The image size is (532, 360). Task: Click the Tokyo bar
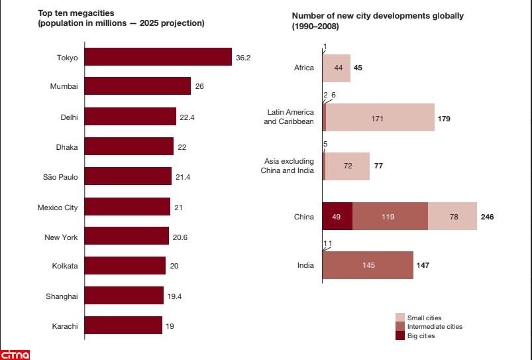[x=158, y=58]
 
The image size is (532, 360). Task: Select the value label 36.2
[x=243, y=58]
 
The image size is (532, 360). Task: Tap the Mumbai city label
[x=64, y=87]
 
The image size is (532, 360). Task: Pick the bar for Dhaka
[x=129, y=147]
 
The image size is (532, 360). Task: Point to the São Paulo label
[x=60, y=177]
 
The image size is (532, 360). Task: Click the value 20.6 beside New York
[x=180, y=237]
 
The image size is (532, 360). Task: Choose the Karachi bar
[x=123, y=326]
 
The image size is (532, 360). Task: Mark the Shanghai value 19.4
[x=175, y=296]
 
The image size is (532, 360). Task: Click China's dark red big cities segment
[x=337, y=216]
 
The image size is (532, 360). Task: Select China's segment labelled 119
[x=390, y=216]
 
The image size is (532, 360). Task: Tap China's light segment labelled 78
[x=452, y=216]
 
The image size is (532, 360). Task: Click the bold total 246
[x=487, y=217]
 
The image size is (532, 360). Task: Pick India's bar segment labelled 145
[x=368, y=265]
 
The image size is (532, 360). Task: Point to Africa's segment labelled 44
[x=338, y=68]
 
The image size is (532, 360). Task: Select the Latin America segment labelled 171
[x=380, y=118]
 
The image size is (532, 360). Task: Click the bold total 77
[x=378, y=166]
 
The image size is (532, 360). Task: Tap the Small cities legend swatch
[x=400, y=318]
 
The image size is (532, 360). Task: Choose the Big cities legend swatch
[x=400, y=335]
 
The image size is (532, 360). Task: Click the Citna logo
[x=15, y=354]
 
